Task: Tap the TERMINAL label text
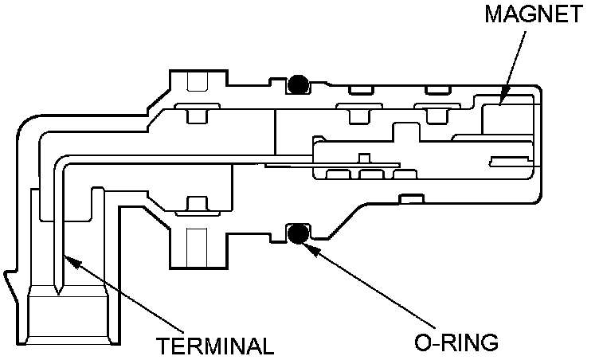pos(215,345)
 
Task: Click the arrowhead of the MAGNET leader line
pos(501,101)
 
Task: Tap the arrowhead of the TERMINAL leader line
pos(66,255)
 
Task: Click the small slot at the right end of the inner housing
pos(509,162)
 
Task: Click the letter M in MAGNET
pos(491,15)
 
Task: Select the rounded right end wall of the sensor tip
pos(544,143)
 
